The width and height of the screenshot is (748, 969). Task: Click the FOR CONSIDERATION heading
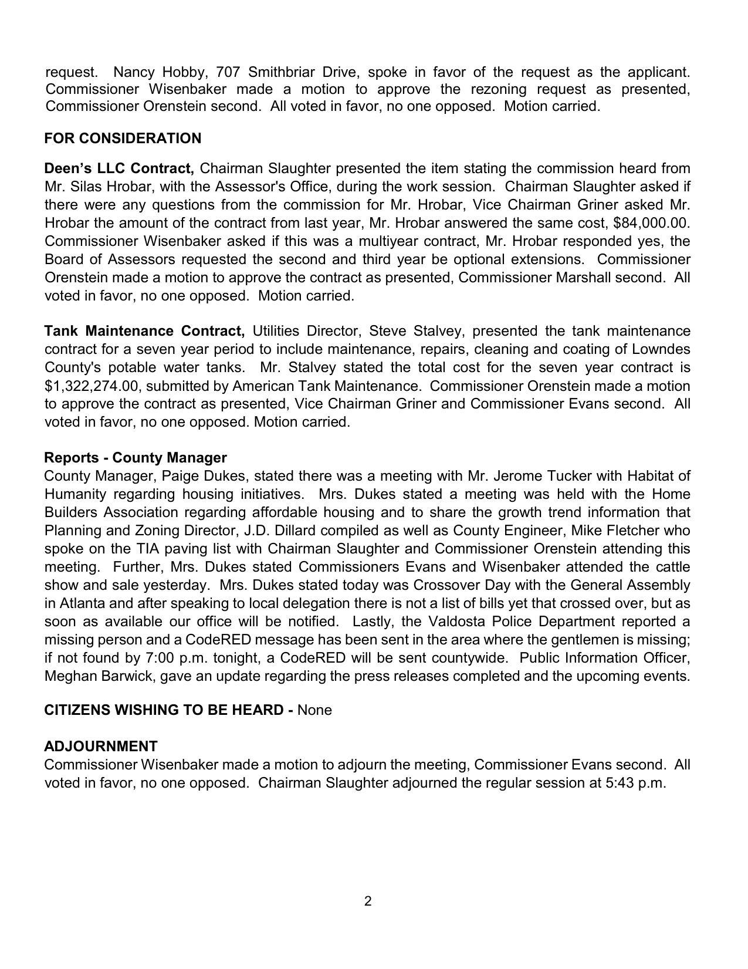[x=123, y=139]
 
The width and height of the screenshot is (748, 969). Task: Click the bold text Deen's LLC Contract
[x=119, y=168]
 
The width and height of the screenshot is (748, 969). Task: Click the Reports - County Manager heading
[x=136, y=458]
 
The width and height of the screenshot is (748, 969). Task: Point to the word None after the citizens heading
[x=314, y=710]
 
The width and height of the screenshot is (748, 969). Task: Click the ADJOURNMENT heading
[x=101, y=747]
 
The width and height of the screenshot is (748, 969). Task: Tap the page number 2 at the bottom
[x=368, y=902]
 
